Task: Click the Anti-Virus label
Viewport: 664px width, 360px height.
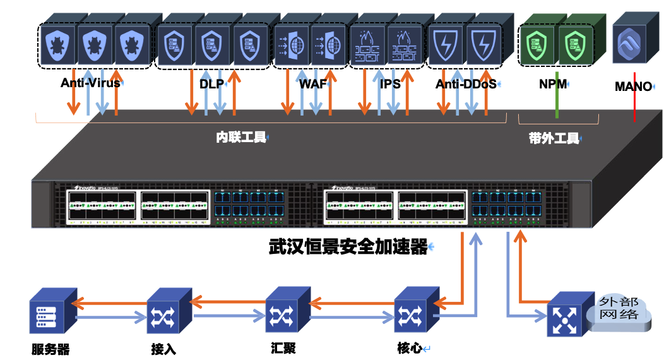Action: (90, 83)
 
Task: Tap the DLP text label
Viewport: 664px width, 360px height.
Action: (211, 83)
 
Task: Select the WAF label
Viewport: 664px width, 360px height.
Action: (313, 83)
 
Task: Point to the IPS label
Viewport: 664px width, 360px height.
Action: (390, 83)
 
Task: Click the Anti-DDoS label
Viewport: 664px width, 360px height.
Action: (465, 83)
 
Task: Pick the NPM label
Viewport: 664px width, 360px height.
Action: (552, 83)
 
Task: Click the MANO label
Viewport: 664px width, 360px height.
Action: (633, 87)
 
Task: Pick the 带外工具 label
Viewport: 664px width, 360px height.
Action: (554, 138)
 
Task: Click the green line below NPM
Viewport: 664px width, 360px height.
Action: (557, 104)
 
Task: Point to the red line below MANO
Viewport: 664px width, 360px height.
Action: (635, 107)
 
